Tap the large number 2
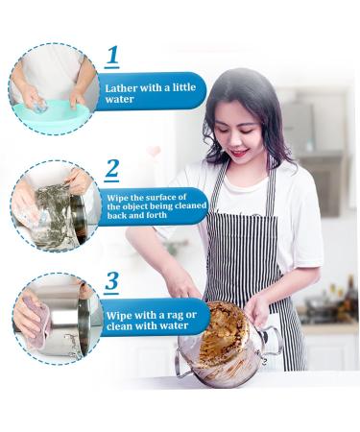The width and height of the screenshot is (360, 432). tap(112, 169)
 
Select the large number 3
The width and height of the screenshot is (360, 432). tap(112, 281)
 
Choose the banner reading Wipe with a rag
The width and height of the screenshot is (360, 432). tap(154, 316)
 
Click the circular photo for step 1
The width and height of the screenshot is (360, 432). tap(53, 89)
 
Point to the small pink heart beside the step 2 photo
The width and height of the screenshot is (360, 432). tap(154, 151)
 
